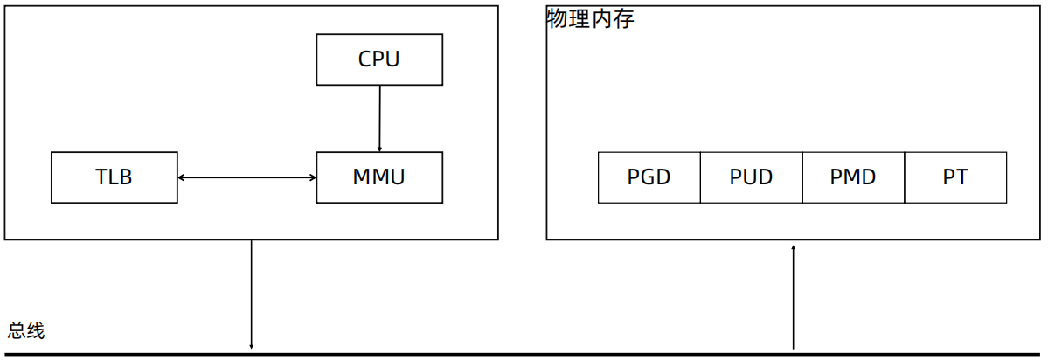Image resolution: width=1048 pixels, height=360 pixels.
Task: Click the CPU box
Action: point(379,59)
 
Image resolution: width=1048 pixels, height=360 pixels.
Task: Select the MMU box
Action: point(379,177)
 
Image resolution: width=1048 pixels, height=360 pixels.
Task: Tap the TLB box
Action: point(115,177)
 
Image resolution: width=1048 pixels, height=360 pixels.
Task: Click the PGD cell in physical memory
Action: point(649,177)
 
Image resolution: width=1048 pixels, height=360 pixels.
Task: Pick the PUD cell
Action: point(751,177)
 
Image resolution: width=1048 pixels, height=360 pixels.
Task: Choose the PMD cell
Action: point(853,177)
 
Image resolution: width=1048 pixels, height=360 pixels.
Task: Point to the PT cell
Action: point(955,177)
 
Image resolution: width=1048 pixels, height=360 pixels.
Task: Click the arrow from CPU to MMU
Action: point(379,118)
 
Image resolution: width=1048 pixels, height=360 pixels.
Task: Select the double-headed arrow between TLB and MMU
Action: point(246,178)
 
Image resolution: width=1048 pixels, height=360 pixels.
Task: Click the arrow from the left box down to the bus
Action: point(252,293)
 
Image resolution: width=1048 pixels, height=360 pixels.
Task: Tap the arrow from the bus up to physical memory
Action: point(794,297)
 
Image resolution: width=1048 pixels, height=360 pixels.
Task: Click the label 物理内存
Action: point(590,19)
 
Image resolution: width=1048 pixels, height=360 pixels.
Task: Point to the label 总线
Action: point(26,331)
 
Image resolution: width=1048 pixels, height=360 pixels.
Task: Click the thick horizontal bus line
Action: point(524,355)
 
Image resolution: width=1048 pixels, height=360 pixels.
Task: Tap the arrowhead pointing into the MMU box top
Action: point(379,149)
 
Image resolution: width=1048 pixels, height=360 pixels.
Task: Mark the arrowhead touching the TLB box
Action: point(181,178)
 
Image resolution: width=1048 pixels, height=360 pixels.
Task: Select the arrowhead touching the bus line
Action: point(252,347)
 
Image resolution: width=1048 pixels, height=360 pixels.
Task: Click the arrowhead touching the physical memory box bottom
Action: point(794,247)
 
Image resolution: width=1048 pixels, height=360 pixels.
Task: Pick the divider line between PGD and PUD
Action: point(700,177)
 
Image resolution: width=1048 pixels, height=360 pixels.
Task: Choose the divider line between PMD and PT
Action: point(905,177)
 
